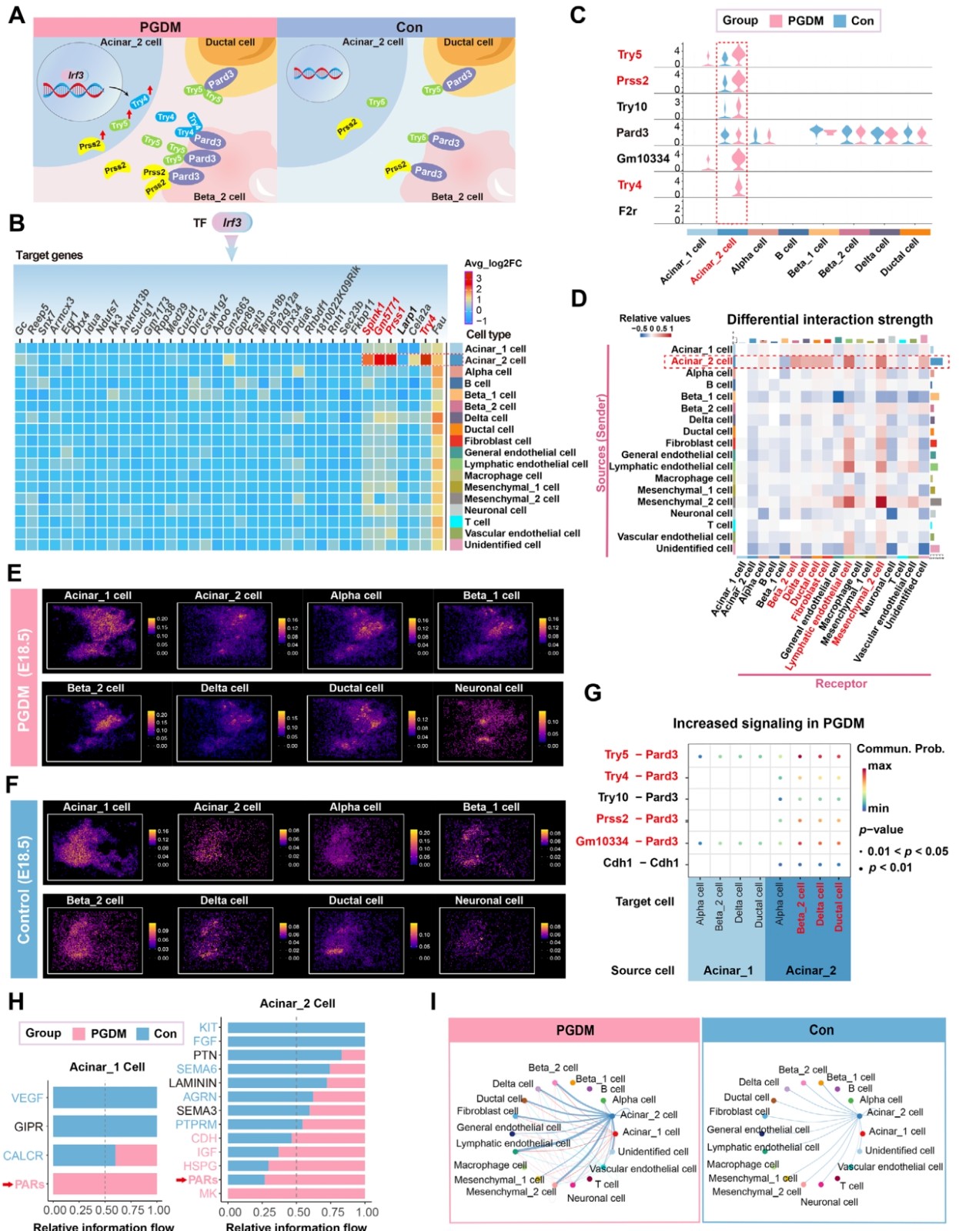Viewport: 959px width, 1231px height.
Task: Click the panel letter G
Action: coord(592,692)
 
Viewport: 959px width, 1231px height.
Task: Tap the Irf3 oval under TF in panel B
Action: coord(232,222)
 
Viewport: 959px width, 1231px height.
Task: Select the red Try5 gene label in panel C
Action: coord(629,55)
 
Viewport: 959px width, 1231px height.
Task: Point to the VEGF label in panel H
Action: coord(27,1098)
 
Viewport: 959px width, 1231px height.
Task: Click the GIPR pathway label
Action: coord(28,1126)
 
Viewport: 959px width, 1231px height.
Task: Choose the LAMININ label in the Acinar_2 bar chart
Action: coord(192,1083)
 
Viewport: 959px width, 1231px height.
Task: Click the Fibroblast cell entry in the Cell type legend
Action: coord(497,441)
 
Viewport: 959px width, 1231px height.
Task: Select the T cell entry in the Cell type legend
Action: coord(476,522)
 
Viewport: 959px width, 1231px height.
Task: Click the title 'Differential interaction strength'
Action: coord(829,319)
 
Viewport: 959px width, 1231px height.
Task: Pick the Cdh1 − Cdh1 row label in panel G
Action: coord(640,862)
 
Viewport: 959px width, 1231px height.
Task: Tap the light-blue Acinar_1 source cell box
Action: coord(727,970)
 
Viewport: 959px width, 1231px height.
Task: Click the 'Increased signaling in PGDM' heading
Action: coord(767,723)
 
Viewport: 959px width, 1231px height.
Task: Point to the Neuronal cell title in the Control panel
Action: coord(488,900)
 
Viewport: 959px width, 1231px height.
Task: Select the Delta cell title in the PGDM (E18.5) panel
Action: coord(224,688)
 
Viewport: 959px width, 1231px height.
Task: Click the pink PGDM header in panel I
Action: coord(574,1030)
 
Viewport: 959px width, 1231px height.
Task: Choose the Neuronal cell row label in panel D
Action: coord(701,513)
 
